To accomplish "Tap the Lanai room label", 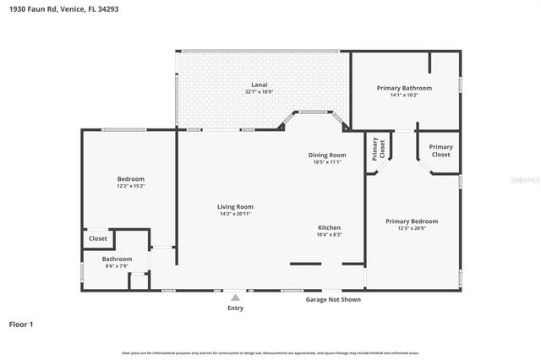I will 260,85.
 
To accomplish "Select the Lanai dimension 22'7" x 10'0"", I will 260,91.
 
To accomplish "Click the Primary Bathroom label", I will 404,88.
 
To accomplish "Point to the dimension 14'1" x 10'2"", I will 404,95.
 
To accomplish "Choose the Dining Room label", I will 326,155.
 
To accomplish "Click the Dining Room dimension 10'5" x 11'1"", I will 326,162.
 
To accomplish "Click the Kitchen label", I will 329,228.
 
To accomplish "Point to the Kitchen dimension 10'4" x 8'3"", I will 329,235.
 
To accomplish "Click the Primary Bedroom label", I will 412,221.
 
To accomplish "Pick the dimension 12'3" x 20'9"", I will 412,228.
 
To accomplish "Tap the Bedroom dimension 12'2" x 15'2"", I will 130,186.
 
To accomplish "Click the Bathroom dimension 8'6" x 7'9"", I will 117,266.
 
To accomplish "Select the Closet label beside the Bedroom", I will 98,239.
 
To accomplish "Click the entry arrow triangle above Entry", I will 235,297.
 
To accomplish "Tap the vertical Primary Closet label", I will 377,150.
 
